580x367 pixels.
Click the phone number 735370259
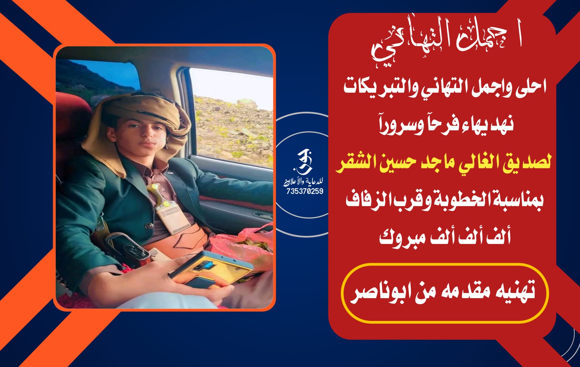305,191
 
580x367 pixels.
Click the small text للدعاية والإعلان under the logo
303,182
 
